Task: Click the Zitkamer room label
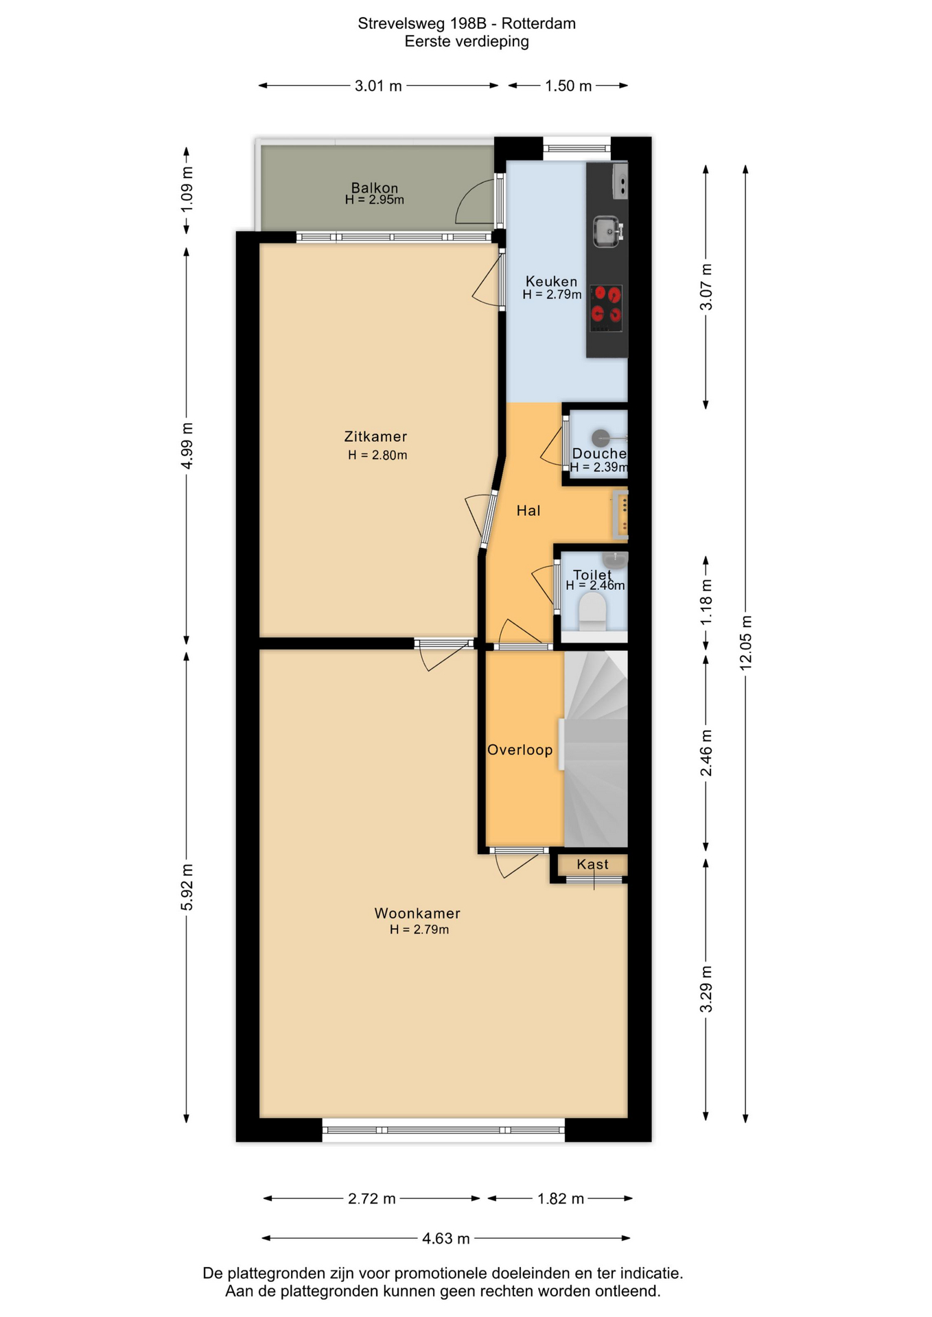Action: coord(375,436)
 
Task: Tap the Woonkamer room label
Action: coord(417,913)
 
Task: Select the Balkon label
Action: coord(375,187)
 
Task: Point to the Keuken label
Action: coord(551,281)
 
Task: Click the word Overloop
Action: coord(520,750)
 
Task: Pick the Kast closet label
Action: coord(592,864)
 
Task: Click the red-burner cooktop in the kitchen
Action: coord(606,308)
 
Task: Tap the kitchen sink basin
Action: coord(607,231)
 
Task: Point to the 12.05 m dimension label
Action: coord(746,643)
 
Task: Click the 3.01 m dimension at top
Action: coord(378,86)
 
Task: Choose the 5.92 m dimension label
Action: coord(187,888)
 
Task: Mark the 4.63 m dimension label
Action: coord(446,1238)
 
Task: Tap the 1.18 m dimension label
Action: coord(706,602)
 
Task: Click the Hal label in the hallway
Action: coord(528,510)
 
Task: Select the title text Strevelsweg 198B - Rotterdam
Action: coord(467,23)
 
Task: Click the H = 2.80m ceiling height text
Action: coord(377,455)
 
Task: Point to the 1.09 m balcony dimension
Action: coord(187,189)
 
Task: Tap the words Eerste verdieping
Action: coord(467,41)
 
